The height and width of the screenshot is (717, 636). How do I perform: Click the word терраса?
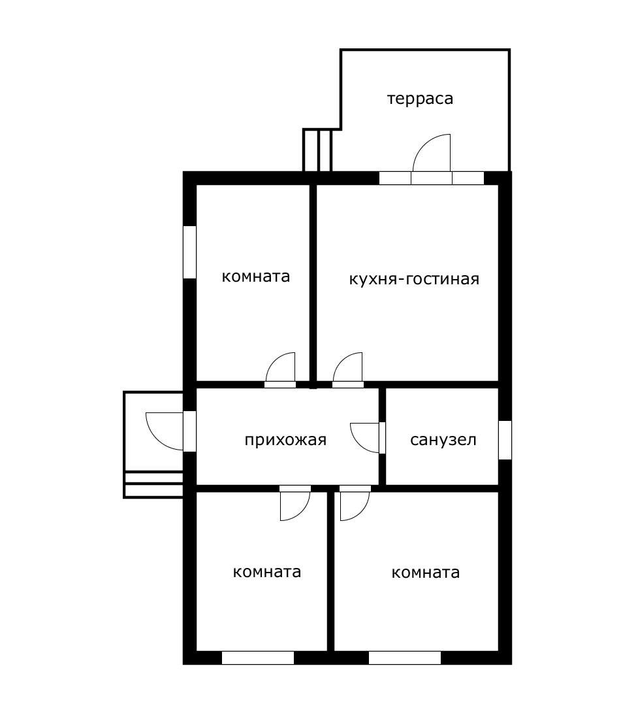coord(420,99)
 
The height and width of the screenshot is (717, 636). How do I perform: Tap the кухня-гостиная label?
coord(414,279)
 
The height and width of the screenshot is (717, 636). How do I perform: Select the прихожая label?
coord(285,440)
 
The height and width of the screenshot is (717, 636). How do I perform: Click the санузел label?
coord(443,440)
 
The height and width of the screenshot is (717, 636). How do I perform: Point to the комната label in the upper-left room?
coord(256,276)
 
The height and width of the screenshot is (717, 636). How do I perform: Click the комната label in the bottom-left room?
coord(267,572)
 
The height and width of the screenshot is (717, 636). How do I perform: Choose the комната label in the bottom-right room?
coord(425,573)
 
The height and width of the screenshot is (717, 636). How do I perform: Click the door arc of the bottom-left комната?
coord(302,512)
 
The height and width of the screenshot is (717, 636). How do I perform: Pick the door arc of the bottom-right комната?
coord(361,512)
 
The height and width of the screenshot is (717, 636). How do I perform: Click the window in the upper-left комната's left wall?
coord(189,252)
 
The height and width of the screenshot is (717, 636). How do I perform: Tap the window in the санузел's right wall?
coord(505,440)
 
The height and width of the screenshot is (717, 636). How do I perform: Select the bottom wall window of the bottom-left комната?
coord(258,658)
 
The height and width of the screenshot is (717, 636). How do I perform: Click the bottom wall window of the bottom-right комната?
coord(405,658)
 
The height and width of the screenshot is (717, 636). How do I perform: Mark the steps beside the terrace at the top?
coord(317,150)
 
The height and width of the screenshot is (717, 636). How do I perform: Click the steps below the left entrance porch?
coord(153,485)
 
